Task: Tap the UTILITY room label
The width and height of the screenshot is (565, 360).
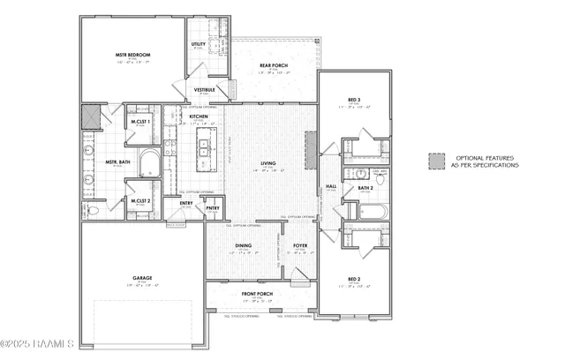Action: (199, 44)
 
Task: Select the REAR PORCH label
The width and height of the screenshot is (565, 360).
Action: (270, 64)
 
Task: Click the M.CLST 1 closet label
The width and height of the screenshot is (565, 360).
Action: (140, 122)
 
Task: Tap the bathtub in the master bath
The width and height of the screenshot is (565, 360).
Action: (147, 164)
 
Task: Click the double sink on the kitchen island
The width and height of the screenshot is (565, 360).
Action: (202, 151)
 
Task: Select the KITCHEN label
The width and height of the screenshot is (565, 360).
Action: (199, 116)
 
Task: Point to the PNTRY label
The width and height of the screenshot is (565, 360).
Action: (213, 208)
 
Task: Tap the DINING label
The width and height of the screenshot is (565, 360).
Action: (241, 246)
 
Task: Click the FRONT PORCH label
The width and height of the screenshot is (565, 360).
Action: (257, 295)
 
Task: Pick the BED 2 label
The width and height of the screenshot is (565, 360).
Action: (354, 280)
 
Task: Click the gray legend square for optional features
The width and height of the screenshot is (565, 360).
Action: (434, 161)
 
